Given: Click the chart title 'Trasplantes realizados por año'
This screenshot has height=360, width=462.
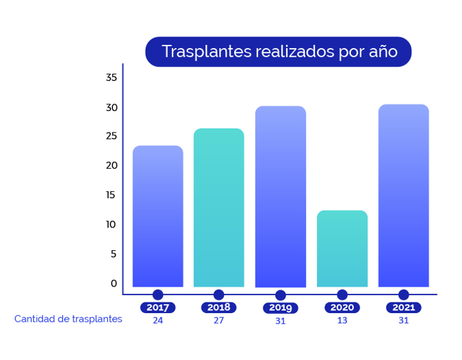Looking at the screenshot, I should tap(278, 52).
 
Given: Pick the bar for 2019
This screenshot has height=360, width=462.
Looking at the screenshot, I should tap(280, 197).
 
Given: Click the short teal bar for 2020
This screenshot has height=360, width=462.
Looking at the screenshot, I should tap(342, 248).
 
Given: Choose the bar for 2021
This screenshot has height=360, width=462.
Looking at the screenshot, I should tap(403, 195).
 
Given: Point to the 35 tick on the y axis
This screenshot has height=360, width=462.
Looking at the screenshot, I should tap(112, 78).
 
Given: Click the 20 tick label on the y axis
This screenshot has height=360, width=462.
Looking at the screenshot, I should tap(112, 165).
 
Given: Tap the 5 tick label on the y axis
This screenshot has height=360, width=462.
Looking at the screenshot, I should tap(114, 254).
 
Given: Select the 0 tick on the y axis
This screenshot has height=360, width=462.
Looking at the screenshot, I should tap(114, 283).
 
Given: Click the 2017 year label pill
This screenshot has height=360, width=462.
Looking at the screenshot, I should tap(158, 308).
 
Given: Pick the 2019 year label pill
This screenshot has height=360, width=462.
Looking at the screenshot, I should tap(280, 308).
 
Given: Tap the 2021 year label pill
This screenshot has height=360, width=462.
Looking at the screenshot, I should tap(403, 308).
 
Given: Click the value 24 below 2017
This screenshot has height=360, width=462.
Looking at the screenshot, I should tap(158, 321).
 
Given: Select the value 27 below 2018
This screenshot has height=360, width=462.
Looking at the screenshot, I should tap(219, 321).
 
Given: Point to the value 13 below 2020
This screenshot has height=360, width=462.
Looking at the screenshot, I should tap(342, 321).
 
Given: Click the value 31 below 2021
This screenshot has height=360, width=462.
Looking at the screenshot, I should tap(403, 321).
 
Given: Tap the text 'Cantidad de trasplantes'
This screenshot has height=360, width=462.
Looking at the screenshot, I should tap(68, 319).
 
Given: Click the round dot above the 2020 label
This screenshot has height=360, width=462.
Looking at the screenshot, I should tap(342, 294).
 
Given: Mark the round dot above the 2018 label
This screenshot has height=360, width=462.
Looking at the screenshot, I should tap(219, 294).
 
